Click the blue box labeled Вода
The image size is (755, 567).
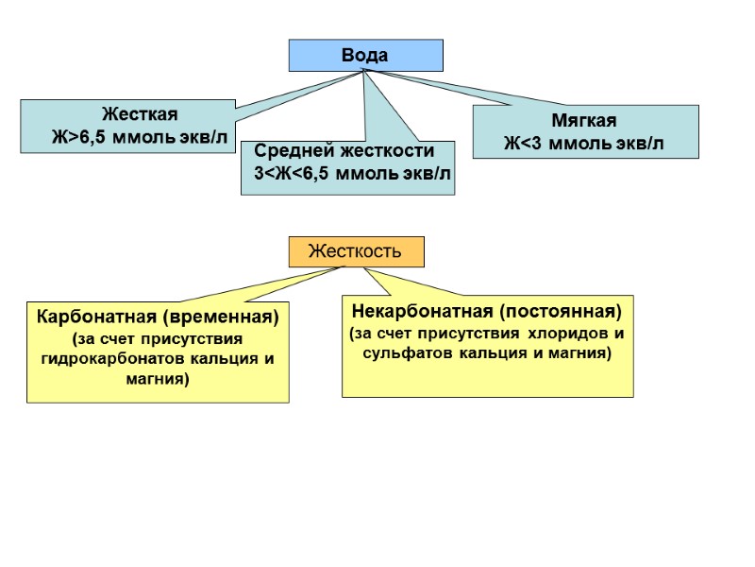pos(365,55)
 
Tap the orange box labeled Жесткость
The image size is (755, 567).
pos(356,251)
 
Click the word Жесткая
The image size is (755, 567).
pos(140,115)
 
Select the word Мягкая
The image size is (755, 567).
pos(584,121)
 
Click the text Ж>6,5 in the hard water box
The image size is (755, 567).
pos(81,137)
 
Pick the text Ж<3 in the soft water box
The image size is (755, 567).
pos(524,144)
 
